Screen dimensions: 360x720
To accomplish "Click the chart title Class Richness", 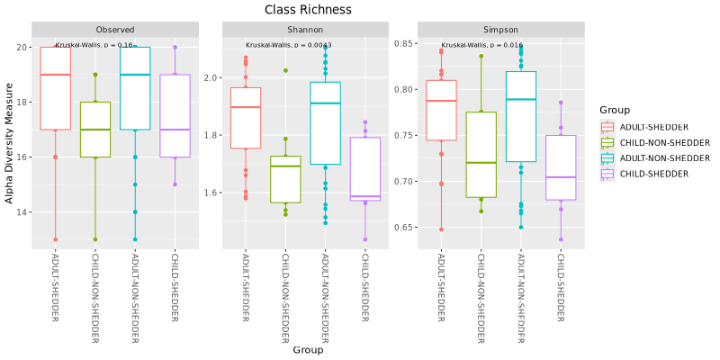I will tap(308, 10).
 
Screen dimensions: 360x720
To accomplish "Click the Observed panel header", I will tap(115, 29).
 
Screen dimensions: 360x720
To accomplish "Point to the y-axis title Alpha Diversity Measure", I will tap(10, 143).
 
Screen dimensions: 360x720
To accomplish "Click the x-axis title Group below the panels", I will tap(308, 350).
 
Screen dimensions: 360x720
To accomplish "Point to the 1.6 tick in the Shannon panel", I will tap(212, 193).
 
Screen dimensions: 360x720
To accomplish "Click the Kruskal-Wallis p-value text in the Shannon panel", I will tap(288, 45).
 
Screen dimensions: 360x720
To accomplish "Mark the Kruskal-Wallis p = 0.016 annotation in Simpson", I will tap(481, 45).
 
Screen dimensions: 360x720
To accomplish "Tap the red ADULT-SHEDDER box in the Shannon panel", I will tap(245, 117).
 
